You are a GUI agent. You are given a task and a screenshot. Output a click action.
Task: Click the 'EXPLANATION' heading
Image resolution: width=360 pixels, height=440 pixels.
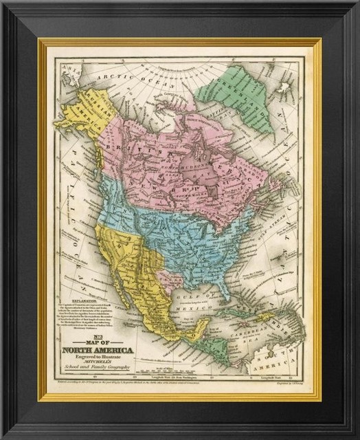click(x=70, y=300)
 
